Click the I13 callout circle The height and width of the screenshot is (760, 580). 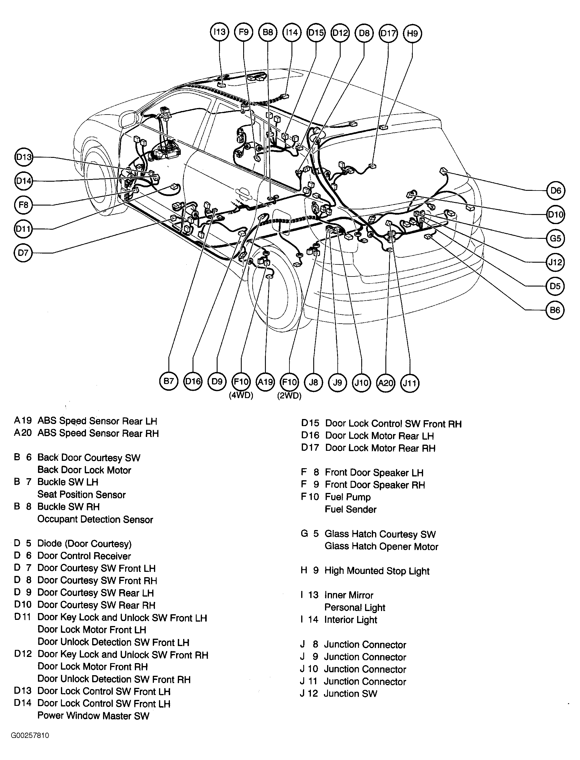(219, 32)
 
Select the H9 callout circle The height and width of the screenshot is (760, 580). (412, 34)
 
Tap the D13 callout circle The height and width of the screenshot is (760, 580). (24, 157)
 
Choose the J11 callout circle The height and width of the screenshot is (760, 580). (410, 383)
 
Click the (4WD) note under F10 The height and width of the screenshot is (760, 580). (241, 396)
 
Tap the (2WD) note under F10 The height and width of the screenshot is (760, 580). (289, 396)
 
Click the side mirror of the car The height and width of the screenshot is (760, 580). (128, 120)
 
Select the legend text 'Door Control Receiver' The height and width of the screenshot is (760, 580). (84, 556)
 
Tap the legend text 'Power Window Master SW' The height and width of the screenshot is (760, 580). (93, 716)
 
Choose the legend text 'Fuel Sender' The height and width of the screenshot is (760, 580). (350, 509)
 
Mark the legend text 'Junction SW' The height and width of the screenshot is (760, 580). (350, 694)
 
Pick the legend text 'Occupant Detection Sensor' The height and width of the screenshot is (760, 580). (95, 519)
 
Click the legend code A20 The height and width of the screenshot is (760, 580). (23, 433)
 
